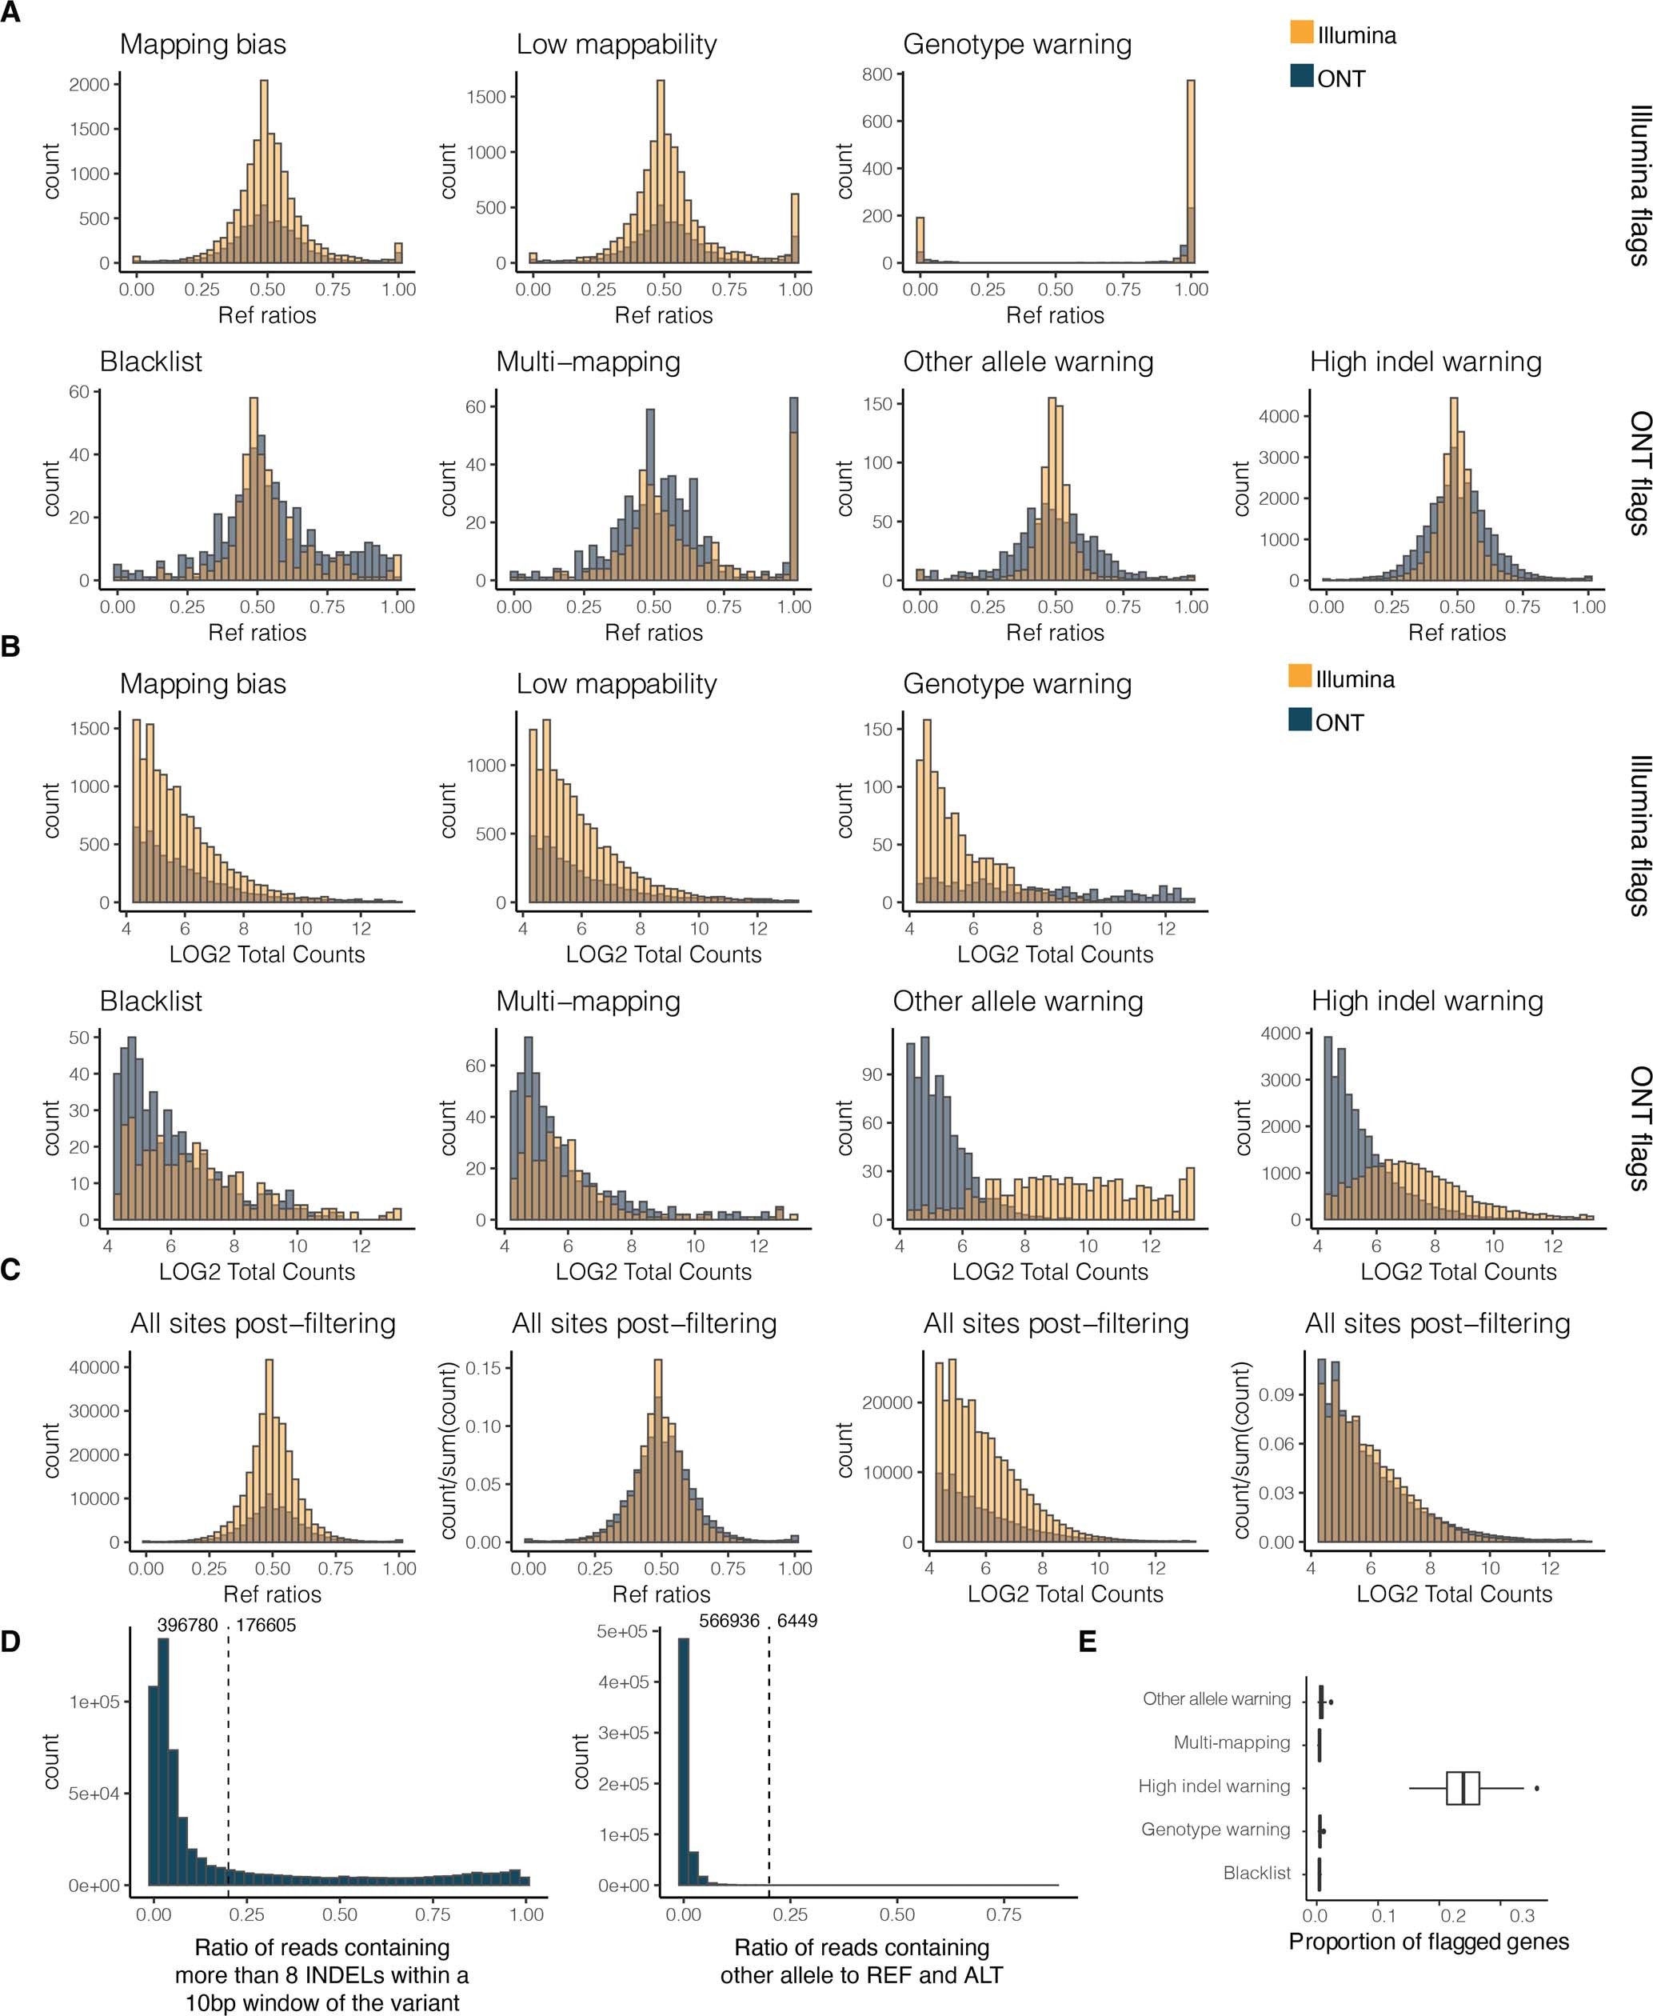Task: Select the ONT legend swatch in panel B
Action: [1300, 720]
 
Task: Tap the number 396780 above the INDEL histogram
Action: [188, 1625]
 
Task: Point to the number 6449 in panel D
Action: [797, 1621]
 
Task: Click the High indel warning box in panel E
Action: [1463, 1787]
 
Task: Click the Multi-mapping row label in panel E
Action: [1232, 1742]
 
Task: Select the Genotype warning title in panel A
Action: [1017, 45]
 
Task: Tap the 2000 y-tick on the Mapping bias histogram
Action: [89, 85]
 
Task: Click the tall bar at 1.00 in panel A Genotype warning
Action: [1190, 171]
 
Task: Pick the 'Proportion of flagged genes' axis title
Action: [1428, 1942]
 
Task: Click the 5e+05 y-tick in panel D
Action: [622, 1632]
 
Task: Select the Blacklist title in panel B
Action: [150, 1001]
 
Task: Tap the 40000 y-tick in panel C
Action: [95, 1367]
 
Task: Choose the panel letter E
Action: [1088, 1641]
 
